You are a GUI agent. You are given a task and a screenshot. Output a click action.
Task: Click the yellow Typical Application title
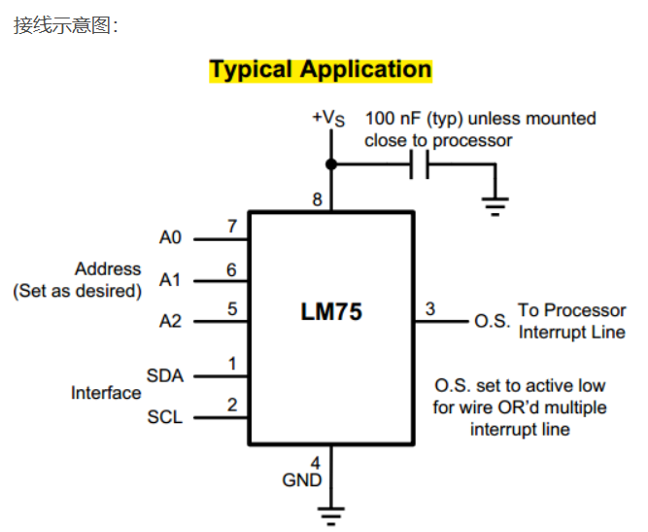(x=321, y=70)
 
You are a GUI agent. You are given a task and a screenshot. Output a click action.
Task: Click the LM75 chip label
(x=330, y=313)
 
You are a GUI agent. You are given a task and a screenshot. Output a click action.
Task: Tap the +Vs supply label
(x=328, y=118)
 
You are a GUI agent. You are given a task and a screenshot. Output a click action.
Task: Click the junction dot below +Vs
(x=331, y=165)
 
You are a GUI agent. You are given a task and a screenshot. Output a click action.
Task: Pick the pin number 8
(x=317, y=200)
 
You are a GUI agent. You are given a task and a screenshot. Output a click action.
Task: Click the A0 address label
(x=171, y=237)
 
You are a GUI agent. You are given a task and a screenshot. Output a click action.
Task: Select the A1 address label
(x=171, y=280)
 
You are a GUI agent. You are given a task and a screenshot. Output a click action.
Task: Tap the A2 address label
(x=171, y=321)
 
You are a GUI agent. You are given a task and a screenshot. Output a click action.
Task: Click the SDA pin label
(x=165, y=375)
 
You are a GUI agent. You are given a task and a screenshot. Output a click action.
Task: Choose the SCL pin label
(x=165, y=417)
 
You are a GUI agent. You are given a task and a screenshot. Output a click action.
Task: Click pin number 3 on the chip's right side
(x=430, y=309)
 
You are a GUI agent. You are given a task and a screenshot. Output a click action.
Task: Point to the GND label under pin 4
(x=302, y=480)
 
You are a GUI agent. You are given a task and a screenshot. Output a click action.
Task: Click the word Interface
(x=106, y=393)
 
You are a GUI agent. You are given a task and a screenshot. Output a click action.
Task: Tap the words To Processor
(x=571, y=310)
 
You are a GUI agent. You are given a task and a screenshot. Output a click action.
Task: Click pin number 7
(x=232, y=227)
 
